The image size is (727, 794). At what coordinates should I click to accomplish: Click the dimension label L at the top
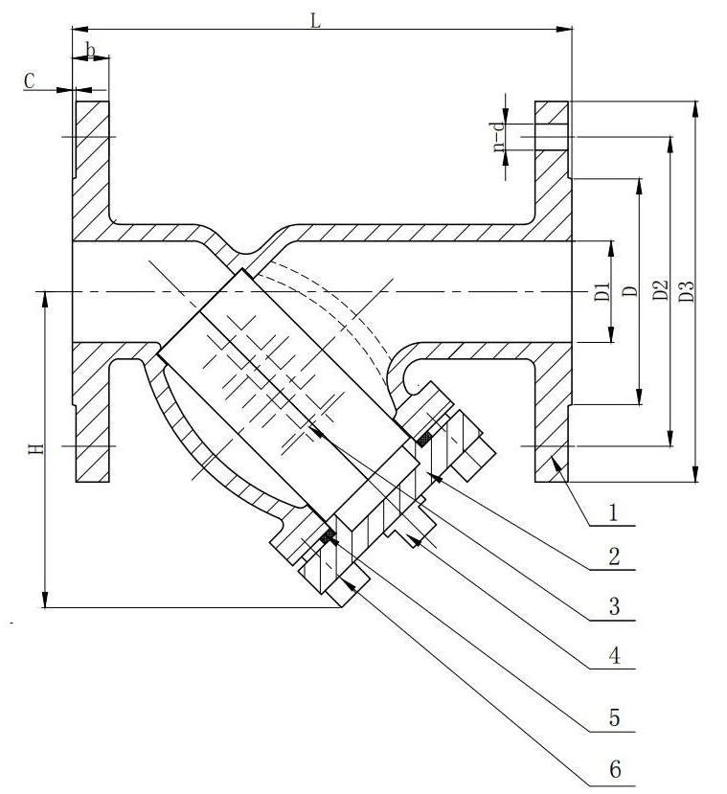click(315, 21)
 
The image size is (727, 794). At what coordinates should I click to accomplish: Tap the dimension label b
click(91, 51)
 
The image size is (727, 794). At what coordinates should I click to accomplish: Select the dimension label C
click(30, 81)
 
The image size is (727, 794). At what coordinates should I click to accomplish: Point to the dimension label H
click(36, 448)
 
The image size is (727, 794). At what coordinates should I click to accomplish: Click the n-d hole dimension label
click(499, 137)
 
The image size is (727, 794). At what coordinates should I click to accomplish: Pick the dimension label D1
click(602, 292)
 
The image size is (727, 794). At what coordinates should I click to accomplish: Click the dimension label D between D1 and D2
click(630, 291)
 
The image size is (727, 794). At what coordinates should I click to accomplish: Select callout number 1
click(613, 513)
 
